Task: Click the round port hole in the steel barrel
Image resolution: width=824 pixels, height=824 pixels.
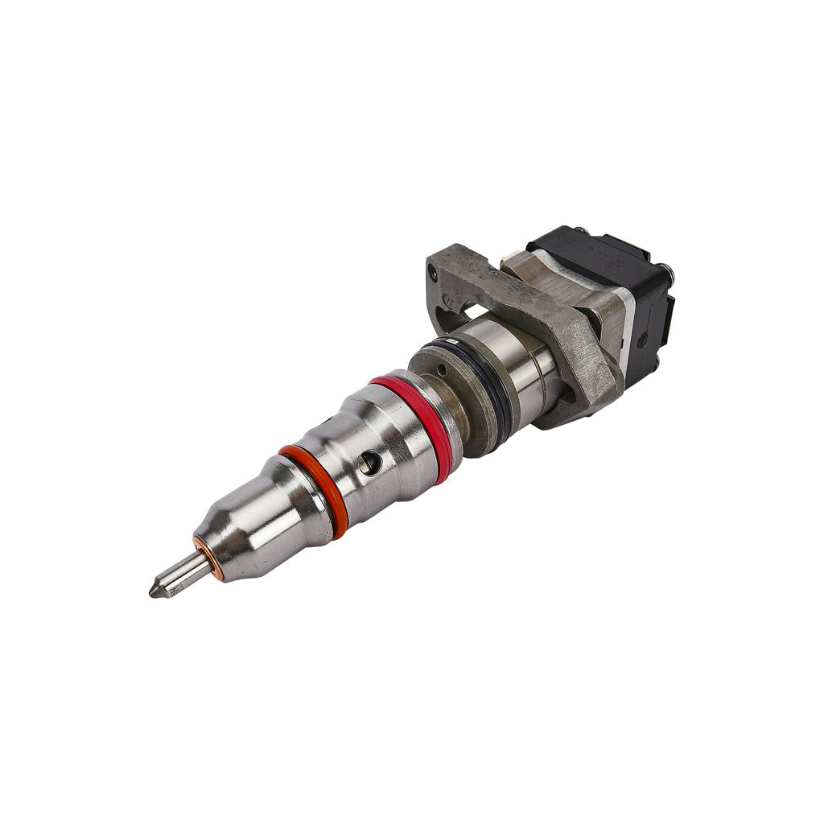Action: coord(369,461)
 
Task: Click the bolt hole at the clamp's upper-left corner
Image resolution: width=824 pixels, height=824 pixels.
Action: coord(435,274)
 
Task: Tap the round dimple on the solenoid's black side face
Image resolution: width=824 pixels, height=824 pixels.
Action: coord(641,340)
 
